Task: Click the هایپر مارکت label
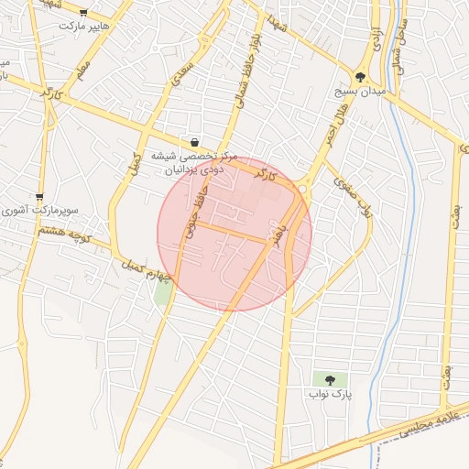[x=83, y=27]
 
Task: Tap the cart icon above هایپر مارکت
[x=84, y=13]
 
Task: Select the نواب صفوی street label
[x=354, y=197]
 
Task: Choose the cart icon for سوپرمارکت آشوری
[x=39, y=196]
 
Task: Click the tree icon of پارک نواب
[x=330, y=379]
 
